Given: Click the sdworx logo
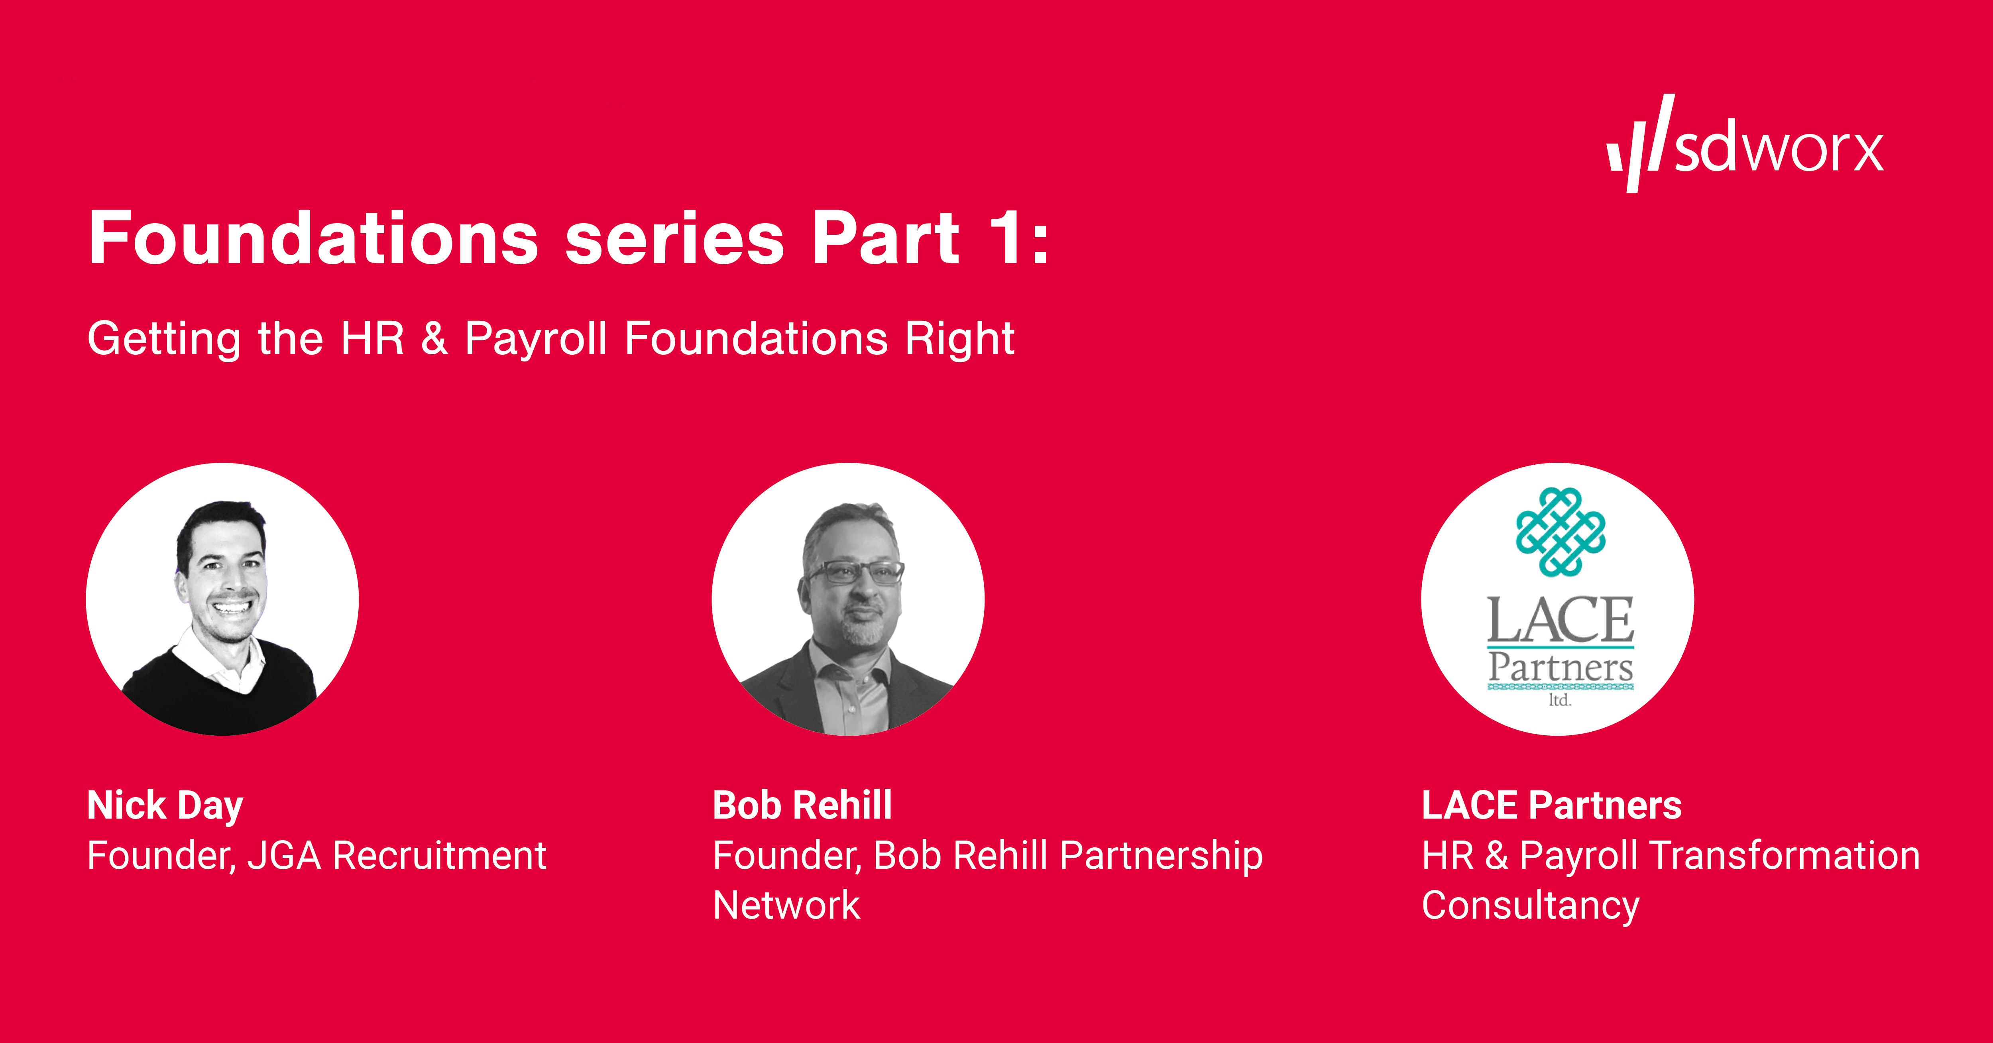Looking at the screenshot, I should pos(1745,145).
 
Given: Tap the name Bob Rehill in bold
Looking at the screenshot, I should pos(802,805).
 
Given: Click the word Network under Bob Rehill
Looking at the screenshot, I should pos(786,905).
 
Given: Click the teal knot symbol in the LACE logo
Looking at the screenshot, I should pos(1560,532).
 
